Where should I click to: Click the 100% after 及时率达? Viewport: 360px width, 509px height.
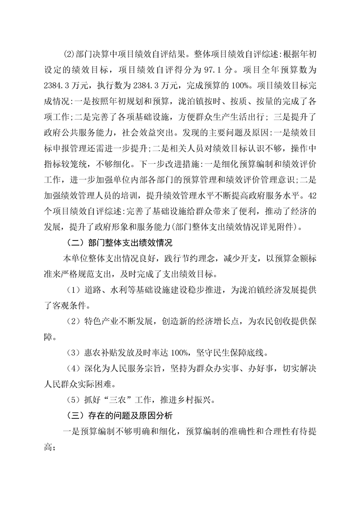(178, 352)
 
